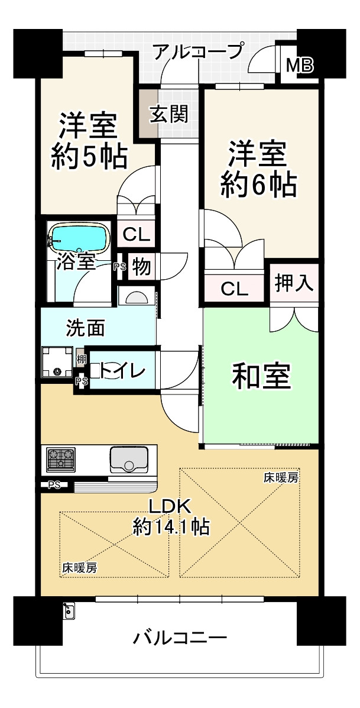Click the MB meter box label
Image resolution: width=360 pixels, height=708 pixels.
[x=300, y=66]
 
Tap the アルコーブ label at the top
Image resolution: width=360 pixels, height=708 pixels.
[x=197, y=52]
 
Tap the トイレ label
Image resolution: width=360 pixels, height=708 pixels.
[x=122, y=371]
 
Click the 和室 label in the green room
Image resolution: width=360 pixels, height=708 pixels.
[x=261, y=377]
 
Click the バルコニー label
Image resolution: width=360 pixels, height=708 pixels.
[x=180, y=638]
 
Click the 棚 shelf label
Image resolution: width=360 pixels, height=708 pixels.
[x=80, y=358]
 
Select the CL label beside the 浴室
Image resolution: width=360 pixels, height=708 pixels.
[x=136, y=235]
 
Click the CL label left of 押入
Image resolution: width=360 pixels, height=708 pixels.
[x=234, y=289]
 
